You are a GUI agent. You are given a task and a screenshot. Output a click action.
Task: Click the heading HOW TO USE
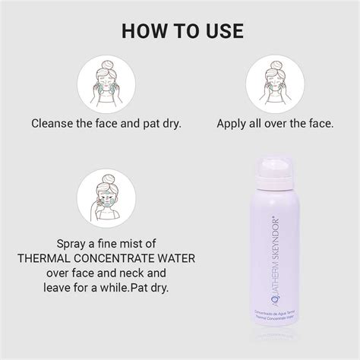179,31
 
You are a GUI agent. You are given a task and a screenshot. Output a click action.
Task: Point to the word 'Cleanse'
55,122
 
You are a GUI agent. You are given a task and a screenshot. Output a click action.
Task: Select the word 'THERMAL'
50,257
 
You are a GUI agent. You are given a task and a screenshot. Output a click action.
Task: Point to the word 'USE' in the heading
221,31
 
